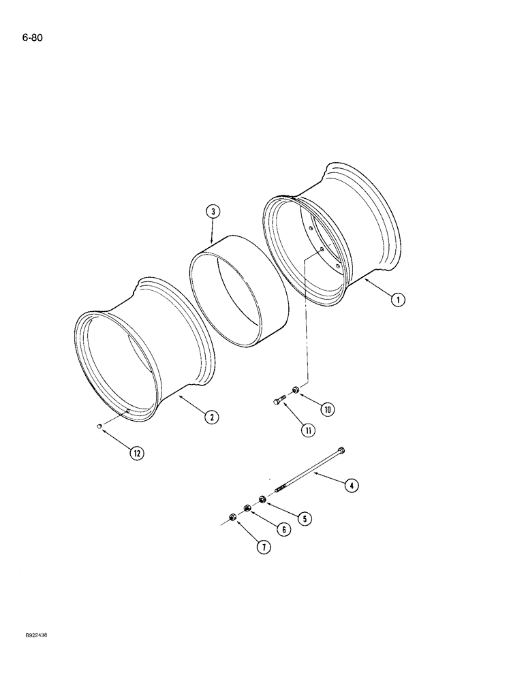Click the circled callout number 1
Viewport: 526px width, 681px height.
point(399,298)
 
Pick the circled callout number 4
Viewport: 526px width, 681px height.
point(350,486)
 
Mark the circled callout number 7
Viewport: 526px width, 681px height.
point(262,546)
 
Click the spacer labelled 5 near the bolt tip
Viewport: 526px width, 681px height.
point(262,498)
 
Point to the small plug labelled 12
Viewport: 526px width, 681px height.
point(99,427)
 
